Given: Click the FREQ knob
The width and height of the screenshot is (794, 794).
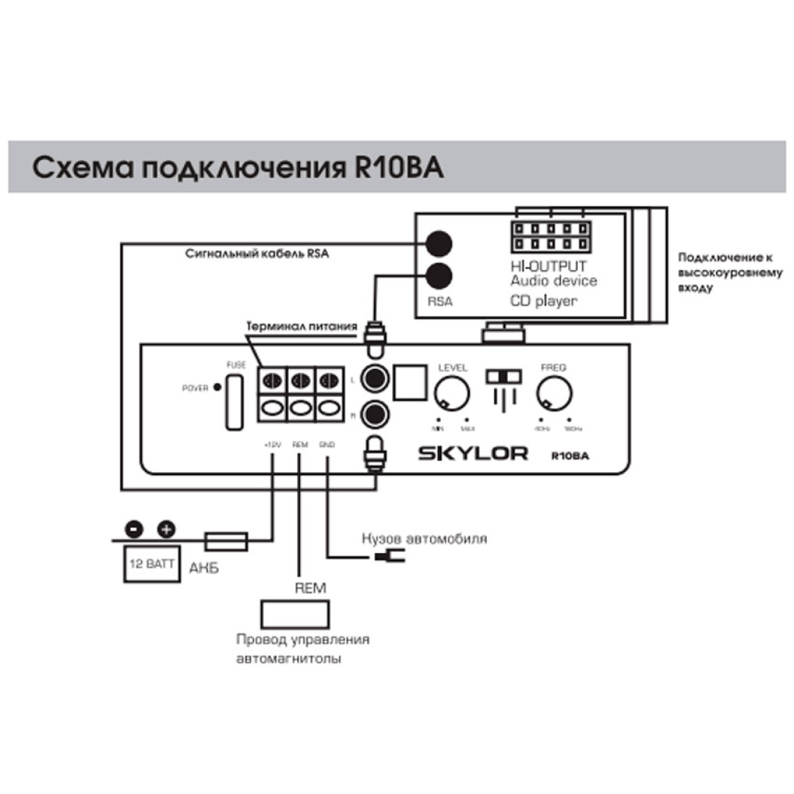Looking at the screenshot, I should pos(554,395).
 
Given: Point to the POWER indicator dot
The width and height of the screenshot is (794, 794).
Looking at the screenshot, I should pos(217,387).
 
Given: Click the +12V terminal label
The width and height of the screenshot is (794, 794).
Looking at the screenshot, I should pos(271,445).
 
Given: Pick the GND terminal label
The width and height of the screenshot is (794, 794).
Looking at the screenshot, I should pos(326,445).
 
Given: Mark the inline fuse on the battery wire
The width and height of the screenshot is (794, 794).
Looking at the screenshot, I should pos(225,542).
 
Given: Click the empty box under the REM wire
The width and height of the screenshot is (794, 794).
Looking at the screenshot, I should pos(296,612).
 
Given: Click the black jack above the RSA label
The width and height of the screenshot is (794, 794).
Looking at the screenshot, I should pos(439,275).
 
